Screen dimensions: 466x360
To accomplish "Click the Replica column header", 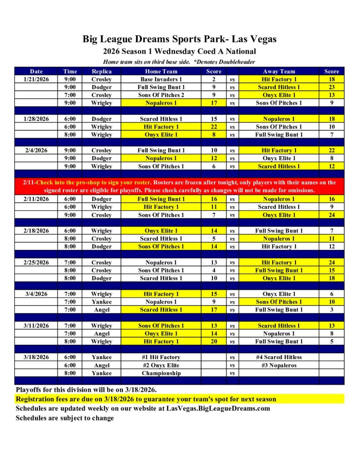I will click(101, 71).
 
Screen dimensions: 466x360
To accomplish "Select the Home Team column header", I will click(161, 71).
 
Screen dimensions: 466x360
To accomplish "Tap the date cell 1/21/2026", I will click(36, 79).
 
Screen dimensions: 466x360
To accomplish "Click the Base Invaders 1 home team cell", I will click(161, 79).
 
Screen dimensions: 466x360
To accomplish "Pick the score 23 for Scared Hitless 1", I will click(331, 87).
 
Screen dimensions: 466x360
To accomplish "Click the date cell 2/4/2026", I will click(36, 150).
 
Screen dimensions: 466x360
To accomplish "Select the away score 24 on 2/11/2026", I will click(331, 215).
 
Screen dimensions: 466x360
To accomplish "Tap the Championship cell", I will click(161, 373).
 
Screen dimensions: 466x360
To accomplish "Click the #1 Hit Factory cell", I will click(161, 357).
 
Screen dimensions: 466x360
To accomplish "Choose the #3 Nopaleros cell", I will click(279, 365).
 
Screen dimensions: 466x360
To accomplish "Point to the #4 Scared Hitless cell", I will click(279, 357).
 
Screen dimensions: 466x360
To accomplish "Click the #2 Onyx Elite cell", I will click(161, 365).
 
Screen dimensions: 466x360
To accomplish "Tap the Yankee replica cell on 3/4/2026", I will click(101, 302).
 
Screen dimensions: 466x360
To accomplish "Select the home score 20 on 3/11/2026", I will click(214, 341).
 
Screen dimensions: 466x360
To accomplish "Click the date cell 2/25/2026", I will click(36, 262).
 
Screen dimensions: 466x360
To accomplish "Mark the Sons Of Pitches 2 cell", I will click(161, 95).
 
